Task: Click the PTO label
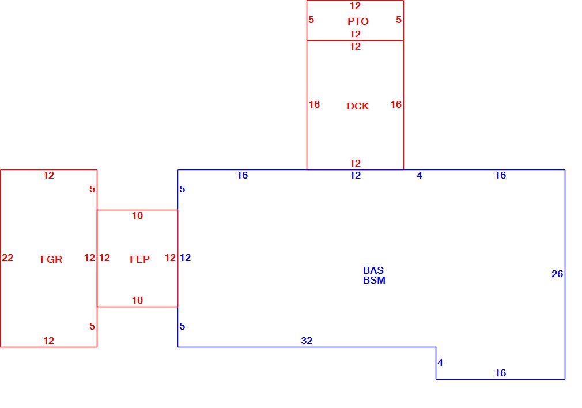click(x=358, y=21)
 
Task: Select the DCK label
click(x=358, y=106)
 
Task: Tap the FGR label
click(x=51, y=259)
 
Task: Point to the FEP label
click(x=139, y=259)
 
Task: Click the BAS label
click(x=373, y=270)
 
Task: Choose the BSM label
click(x=374, y=280)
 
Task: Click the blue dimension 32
click(x=307, y=341)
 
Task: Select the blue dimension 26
click(x=557, y=274)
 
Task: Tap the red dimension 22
click(x=7, y=258)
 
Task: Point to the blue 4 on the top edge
click(x=420, y=175)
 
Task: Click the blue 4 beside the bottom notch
click(x=440, y=362)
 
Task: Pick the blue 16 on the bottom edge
click(x=500, y=373)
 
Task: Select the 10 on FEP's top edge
click(x=137, y=216)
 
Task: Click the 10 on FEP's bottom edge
click(x=137, y=300)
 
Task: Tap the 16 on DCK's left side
click(x=314, y=105)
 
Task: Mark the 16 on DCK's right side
click(x=396, y=105)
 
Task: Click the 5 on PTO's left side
click(x=311, y=20)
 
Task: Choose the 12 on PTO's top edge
click(x=355, y=6)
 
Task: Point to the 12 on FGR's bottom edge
click(x=48, y=341)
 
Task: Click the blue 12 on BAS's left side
click(x=185, y=258)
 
